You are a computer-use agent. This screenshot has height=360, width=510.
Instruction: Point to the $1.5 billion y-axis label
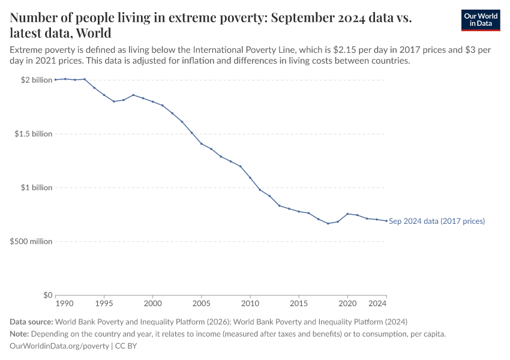point(34,134)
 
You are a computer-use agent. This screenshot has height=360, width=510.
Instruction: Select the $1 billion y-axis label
point(37,188)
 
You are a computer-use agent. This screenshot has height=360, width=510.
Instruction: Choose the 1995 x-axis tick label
point(104,304)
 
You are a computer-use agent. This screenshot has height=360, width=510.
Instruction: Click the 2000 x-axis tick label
point(153,304)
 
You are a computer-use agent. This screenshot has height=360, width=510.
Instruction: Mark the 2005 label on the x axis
point(202,304)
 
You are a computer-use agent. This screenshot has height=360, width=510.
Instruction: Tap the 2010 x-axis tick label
point(250,304)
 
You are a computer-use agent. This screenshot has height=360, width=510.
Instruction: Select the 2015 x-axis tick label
point(299,304)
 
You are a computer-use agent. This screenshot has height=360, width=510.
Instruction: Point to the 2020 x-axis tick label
point(347,304)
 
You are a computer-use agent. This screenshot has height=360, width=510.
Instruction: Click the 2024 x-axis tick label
point(378,304)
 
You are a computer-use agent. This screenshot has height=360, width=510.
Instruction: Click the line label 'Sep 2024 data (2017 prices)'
point(437,221)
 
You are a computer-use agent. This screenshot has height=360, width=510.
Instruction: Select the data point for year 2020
point(347,214)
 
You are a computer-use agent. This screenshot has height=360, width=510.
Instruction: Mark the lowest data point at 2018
point(328,223)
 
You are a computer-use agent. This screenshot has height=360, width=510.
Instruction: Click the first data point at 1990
point(56,79)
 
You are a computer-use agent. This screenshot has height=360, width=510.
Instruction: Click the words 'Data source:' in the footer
point(31,322)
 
